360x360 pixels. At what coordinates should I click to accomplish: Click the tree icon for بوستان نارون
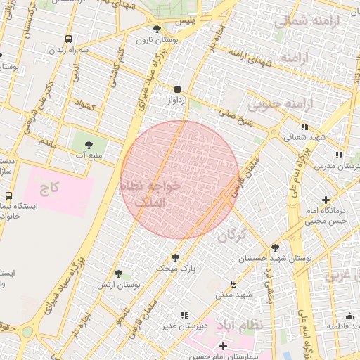coord(157,29)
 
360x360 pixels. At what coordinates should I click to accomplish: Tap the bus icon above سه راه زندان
coord(68,39)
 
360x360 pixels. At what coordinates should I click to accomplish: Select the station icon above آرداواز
coord(177,89)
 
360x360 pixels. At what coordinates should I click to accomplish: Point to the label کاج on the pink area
coord(49,188)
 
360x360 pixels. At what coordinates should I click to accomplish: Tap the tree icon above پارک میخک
coord(175,257)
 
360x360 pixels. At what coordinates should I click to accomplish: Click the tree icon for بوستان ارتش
coord(118,274)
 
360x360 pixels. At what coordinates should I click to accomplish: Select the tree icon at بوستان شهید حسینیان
coord(274,247)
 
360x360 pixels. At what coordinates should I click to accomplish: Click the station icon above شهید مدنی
coord(233,283)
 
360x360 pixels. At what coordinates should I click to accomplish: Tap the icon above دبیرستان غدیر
coord(184,315)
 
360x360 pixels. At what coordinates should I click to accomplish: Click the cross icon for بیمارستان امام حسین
coord(223,346)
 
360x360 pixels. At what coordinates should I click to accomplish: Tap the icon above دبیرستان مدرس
coord(339,155)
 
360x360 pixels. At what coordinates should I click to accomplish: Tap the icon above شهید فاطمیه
coord(349,316)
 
